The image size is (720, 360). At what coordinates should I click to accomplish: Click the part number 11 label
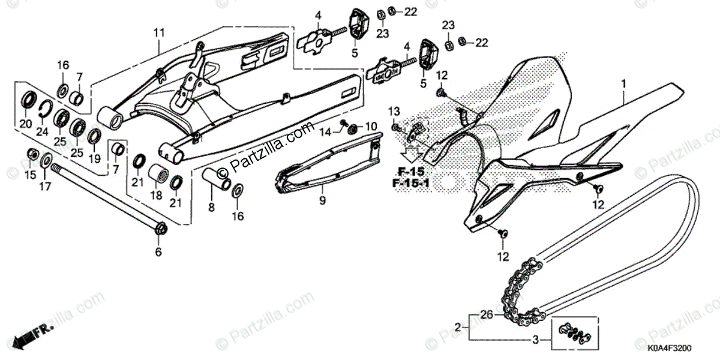(x=158, y=32)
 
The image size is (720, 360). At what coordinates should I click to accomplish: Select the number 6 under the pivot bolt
(x=158, y=253)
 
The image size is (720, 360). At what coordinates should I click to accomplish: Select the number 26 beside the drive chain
(x=487, y=313)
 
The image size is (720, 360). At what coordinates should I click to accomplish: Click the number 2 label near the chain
(x=457, y=327)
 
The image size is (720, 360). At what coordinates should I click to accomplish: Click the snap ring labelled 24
(x=42, y=107)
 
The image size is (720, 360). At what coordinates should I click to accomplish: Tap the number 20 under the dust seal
(x=25, y=124)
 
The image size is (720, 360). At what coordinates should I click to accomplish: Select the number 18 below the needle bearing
(x=155, y=195)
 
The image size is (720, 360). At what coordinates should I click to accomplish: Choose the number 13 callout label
(x=394, y=112)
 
